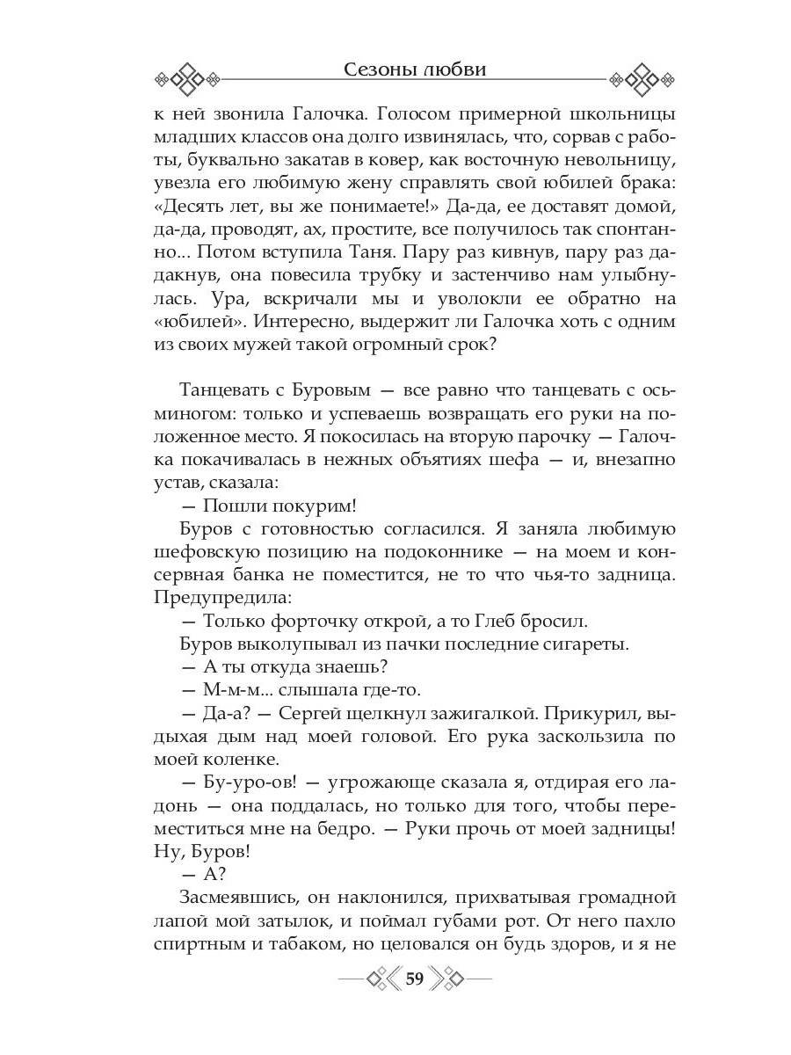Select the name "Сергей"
coord(332,710)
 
